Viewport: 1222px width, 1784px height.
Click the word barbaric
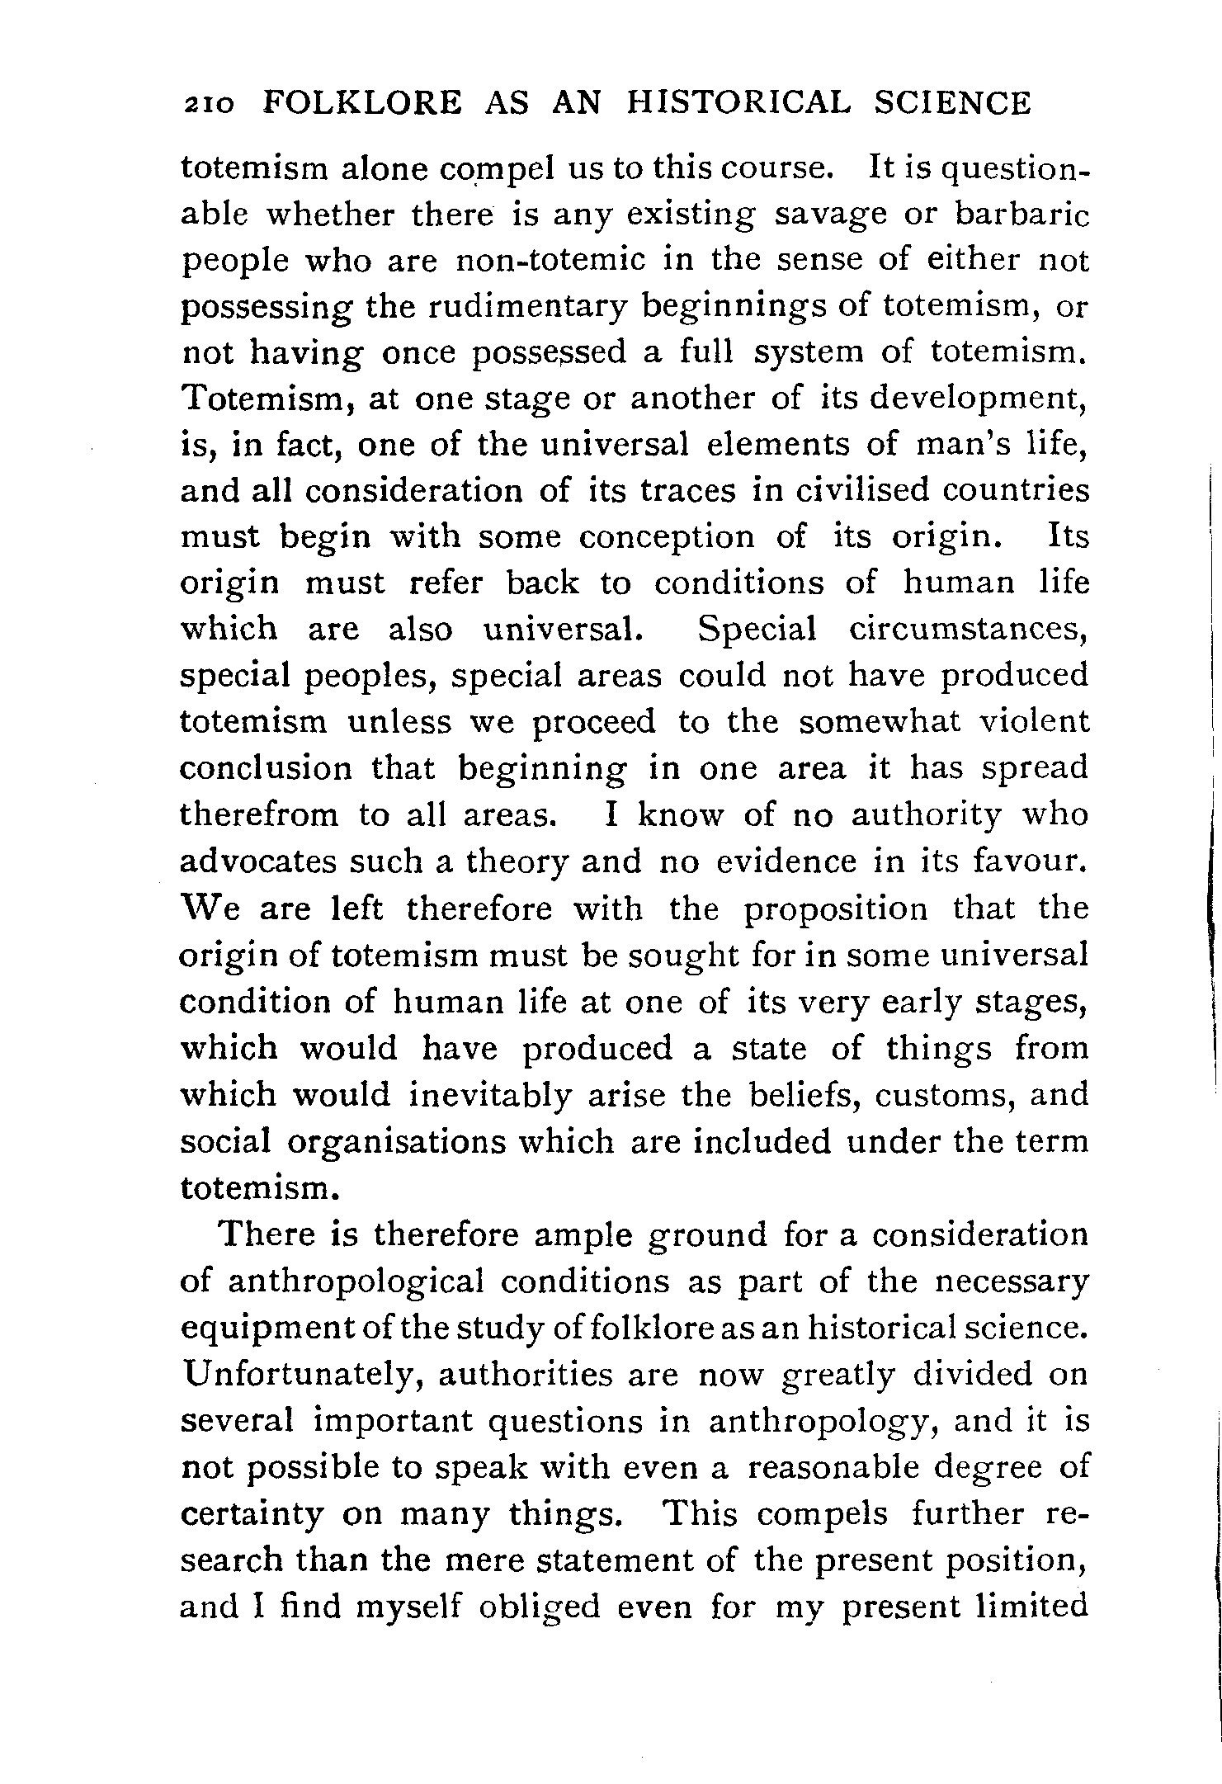tap(1022, 215)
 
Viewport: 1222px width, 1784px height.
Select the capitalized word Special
tap(757, 630)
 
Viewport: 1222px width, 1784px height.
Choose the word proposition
tap(836, 909)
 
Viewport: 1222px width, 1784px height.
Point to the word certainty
tap(252, 1515)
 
